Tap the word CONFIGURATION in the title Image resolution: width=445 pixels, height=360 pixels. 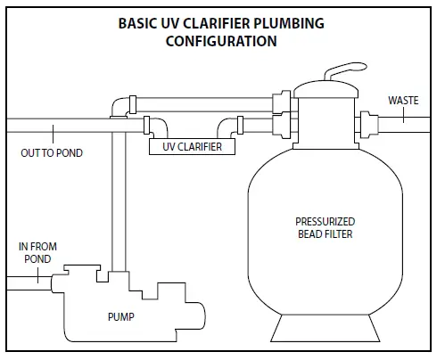pos(220,40)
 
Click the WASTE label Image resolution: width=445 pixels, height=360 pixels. pos(403,101)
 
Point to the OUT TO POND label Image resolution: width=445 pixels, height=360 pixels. pos(52,153)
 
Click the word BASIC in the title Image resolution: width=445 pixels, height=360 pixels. pos(138,22)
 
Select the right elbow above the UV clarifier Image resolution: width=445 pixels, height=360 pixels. pos(231,125)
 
